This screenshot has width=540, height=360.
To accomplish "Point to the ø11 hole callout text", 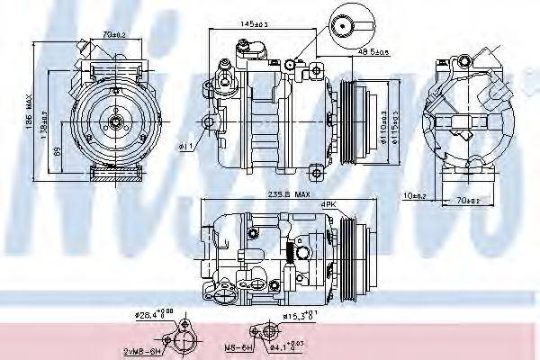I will (186, 146).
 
